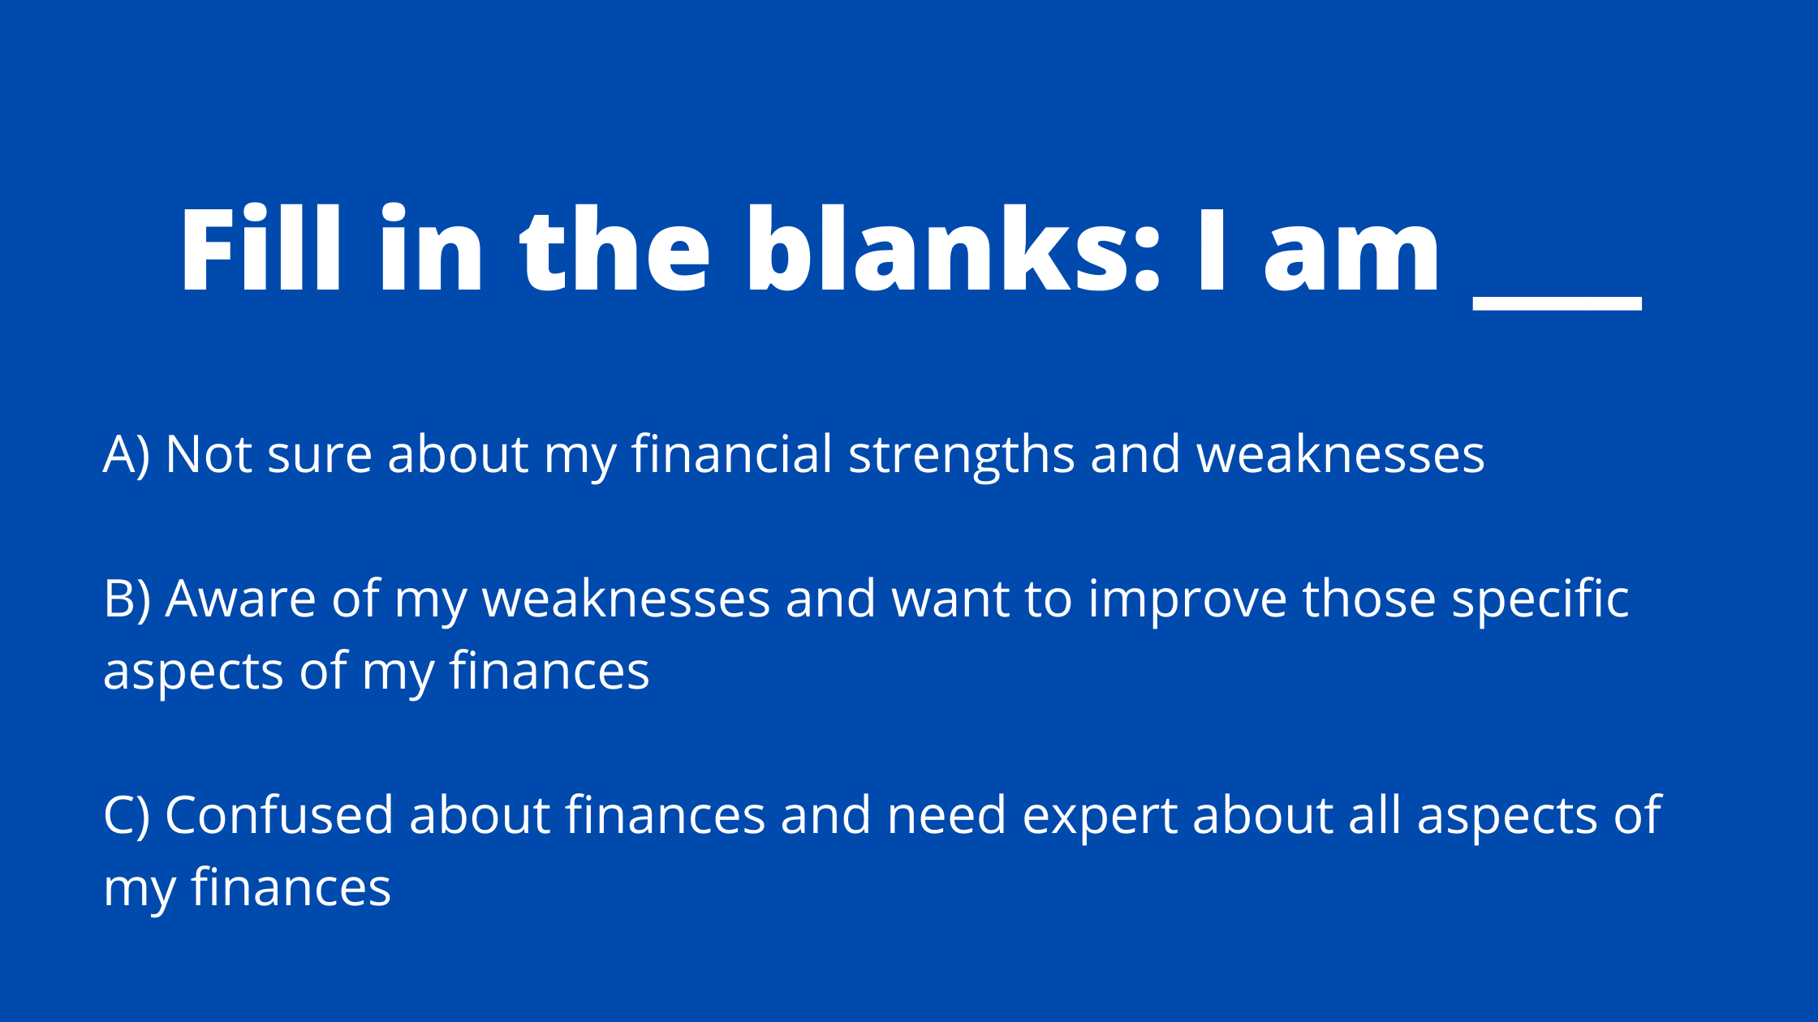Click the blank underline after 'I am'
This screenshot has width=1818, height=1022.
point(1557,303)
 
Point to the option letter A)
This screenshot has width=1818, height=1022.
point(127,454)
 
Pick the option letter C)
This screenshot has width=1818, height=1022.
point(127,816)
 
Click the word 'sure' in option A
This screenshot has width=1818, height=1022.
point(319,457)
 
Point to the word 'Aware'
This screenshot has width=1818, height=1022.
point(240,599)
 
